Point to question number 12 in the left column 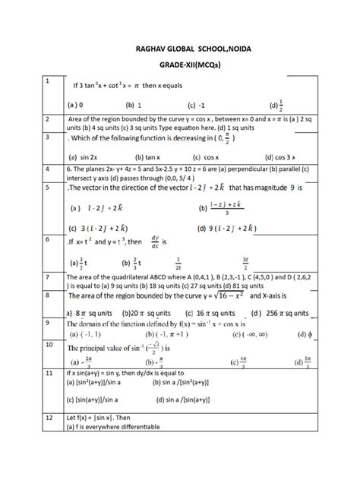point(49,418)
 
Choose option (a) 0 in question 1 point(74,105)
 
